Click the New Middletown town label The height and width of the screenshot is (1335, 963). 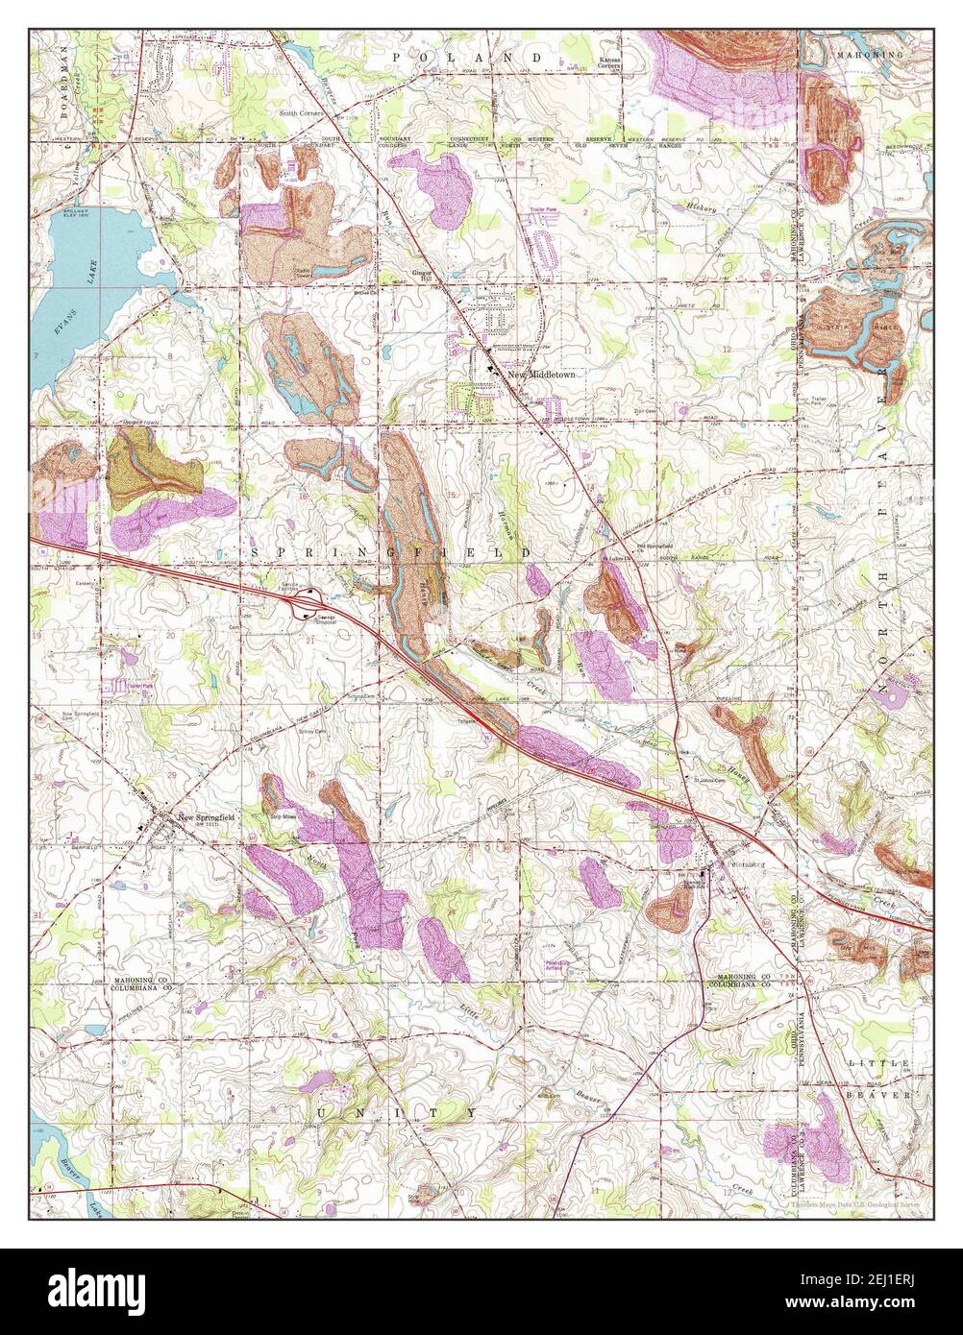coord(541,375)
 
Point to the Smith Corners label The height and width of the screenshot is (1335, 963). coord(303,111)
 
